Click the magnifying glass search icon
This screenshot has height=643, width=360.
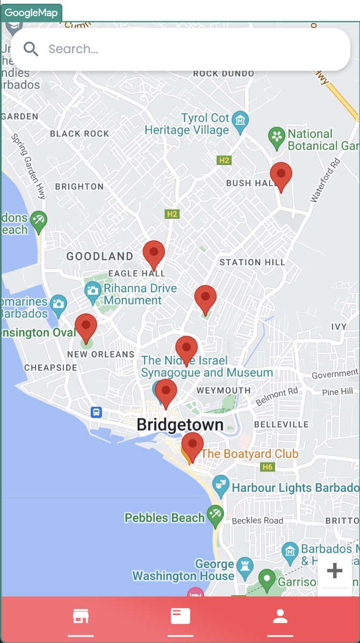pos(31,49)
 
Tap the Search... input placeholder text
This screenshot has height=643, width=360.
pos(74,49)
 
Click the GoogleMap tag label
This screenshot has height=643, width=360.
pos(31,13)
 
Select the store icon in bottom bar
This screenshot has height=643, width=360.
pos(81,616)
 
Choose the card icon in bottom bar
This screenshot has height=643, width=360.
pos(180,616)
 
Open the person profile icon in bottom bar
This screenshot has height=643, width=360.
pos(280,616)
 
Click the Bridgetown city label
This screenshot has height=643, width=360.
pos(180,425)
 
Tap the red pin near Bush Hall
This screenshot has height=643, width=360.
pos(281,176)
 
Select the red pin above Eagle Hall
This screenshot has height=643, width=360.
pos(154,254)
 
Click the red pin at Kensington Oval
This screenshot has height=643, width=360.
pos(86,327)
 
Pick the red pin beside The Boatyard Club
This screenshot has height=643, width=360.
pos(192,446)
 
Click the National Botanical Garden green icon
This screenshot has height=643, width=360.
pos(277,138)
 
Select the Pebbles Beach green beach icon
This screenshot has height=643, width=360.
pos(215,515)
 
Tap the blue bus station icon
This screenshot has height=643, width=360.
pos(96,412)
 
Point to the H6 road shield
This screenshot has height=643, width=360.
pos(267,467)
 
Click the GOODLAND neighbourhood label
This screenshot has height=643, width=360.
pos(100,256)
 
